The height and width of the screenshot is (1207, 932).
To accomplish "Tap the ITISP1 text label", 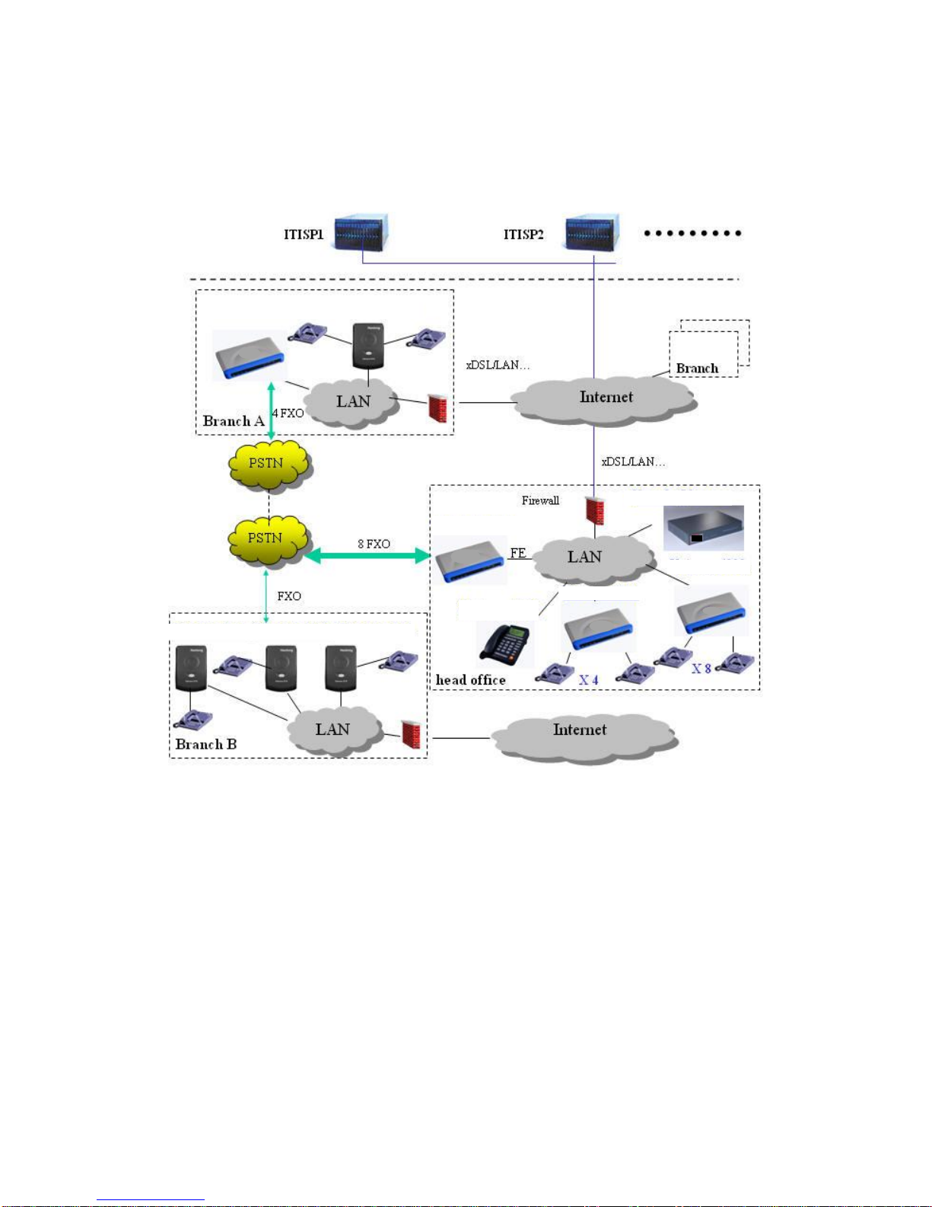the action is coord(304,235).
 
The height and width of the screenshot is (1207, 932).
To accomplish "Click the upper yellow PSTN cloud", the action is coord(269,465).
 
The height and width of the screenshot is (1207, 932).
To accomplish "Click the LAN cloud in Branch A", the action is coord(351,402).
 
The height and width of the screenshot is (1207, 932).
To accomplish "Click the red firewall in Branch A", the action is coord(437,409).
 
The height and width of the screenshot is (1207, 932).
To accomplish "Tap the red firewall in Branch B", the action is coord(411,735).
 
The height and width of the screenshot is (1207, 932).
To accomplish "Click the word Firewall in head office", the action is coord(540,501).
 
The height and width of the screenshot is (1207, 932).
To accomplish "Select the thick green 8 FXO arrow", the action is coord(367,555).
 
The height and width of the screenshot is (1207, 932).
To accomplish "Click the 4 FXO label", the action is coord(288,414).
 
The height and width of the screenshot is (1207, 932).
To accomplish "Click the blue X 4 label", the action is coord(589,680).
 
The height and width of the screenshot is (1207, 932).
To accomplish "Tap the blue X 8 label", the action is coord(701,669).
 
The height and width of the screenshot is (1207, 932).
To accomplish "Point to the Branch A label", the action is coord(234,421).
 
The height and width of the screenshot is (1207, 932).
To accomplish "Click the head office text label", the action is coord(470,680).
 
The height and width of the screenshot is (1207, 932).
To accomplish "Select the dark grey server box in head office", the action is coord(704,528).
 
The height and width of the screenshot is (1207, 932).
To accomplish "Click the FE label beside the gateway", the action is coord(517,553).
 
